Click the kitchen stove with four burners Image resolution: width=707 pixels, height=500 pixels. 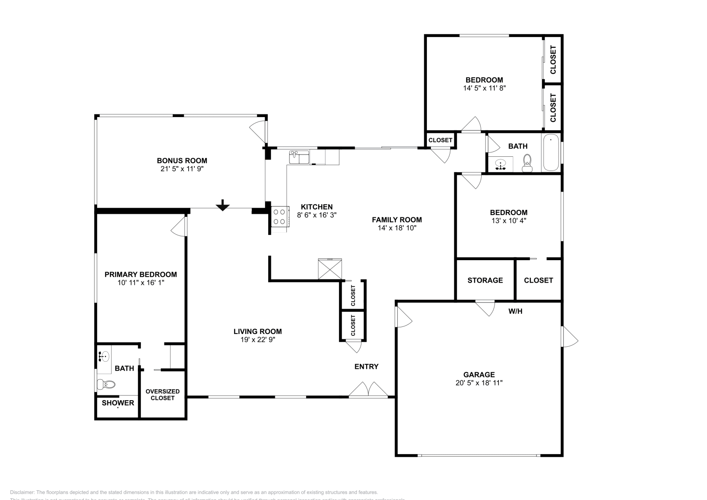click(x=279, y=217)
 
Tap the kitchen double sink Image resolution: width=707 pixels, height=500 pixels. click(x=299, y=157)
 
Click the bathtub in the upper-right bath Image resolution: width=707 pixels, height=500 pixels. click(x=551, y=153)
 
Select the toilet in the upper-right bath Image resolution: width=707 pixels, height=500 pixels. click(x=527, y=163)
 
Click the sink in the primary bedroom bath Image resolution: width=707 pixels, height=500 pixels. click(x=104, y=355)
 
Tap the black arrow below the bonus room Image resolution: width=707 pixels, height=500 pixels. click(x=223, y=205)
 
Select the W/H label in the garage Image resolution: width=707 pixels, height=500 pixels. click(x=515, y=311)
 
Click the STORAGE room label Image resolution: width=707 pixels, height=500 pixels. click(x=485, y=280)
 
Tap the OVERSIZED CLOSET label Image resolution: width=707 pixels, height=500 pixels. click(x=163, y=395)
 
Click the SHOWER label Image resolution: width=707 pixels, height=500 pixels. click(x=118, y=403)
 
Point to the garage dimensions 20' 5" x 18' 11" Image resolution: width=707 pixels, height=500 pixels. click(x=479, y=383)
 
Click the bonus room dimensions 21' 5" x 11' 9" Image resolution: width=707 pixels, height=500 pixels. click(x=182, y=169)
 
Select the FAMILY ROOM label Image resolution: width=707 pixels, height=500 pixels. click(x=397, y=220)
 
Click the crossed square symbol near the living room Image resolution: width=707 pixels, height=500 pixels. click(x=330, y=269)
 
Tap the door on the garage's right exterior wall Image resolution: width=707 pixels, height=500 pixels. click(x=570, y=337)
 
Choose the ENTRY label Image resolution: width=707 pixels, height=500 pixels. click(x=366, y=367)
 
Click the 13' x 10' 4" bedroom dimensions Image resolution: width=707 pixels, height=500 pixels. click(x=509, y=220)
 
